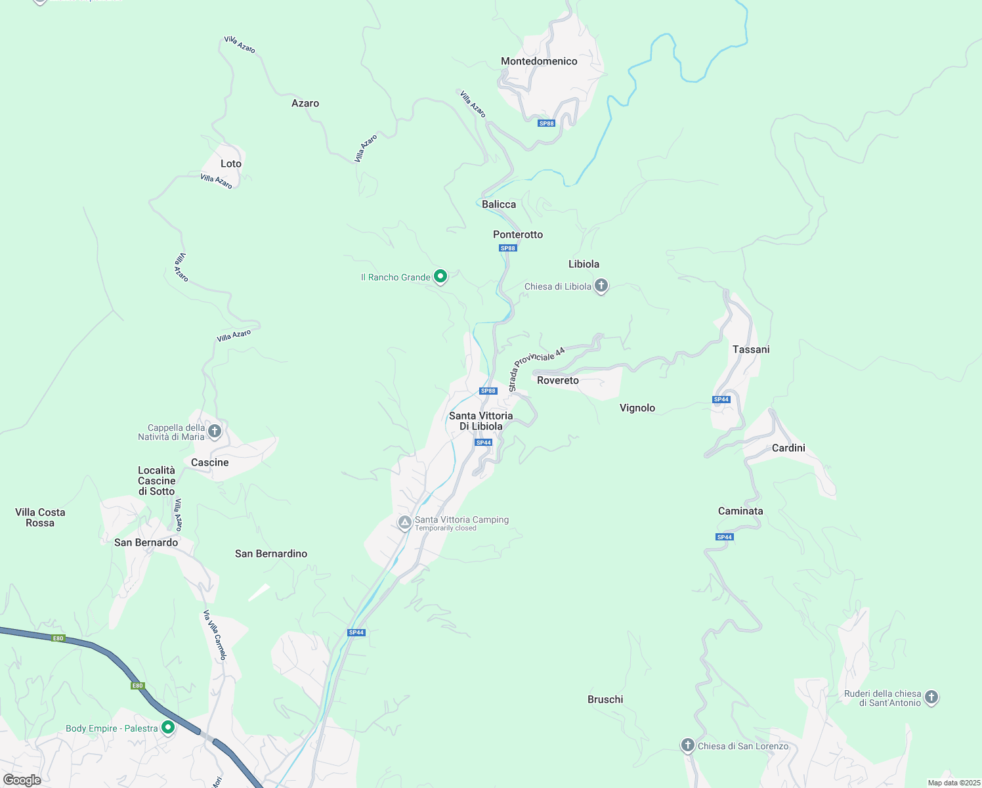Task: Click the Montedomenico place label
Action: (x=539, y=61)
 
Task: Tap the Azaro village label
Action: (x=305, y=103)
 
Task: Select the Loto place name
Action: (x=231, y=164)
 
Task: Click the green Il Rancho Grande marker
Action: (x=440, y=277)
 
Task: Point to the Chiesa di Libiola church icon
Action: (x=601, y=286)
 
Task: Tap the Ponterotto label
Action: (x=518, y=234)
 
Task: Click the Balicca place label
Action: (x=499, y=204)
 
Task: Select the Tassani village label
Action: (x=751, y=349)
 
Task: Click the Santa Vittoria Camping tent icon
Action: (x=405, y=523)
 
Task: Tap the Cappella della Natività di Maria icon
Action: (x=214, y=431)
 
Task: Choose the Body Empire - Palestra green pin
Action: (x=168, y=728)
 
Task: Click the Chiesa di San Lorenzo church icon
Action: (x=687, y=745)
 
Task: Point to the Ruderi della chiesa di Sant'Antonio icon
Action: (x=931, y=697)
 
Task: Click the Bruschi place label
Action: (x=605, y=699)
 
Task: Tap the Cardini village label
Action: (x=788, y=448)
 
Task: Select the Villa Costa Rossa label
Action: (x=40, y=517)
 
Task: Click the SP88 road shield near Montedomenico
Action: (x=546, y=123)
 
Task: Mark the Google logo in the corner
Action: (x=22, y=780)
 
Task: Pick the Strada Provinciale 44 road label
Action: (x=536, y=369)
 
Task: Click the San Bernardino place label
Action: (x=271, y=554)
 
